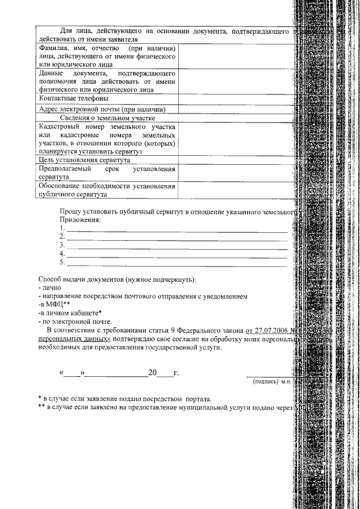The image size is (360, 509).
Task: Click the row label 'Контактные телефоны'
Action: [x=69, y=98]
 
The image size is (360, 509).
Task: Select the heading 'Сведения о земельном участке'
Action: [x=107, y=118]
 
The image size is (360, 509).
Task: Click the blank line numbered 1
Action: [x=177, y=229]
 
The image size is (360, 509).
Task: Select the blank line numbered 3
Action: [x=177, y=246]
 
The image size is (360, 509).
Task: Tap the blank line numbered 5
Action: [x=177, y=263]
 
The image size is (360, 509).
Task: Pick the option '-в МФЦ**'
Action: [x=53, y=304]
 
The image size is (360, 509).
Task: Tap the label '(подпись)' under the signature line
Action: [x=266, y=381]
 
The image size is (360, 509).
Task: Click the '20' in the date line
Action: [x=152, y=372]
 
